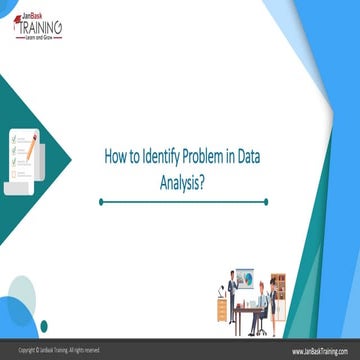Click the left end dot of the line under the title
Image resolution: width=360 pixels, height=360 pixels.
(101, 201)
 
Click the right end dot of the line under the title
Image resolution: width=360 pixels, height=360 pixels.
(266, 201)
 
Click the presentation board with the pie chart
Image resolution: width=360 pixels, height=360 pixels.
(246, 281)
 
